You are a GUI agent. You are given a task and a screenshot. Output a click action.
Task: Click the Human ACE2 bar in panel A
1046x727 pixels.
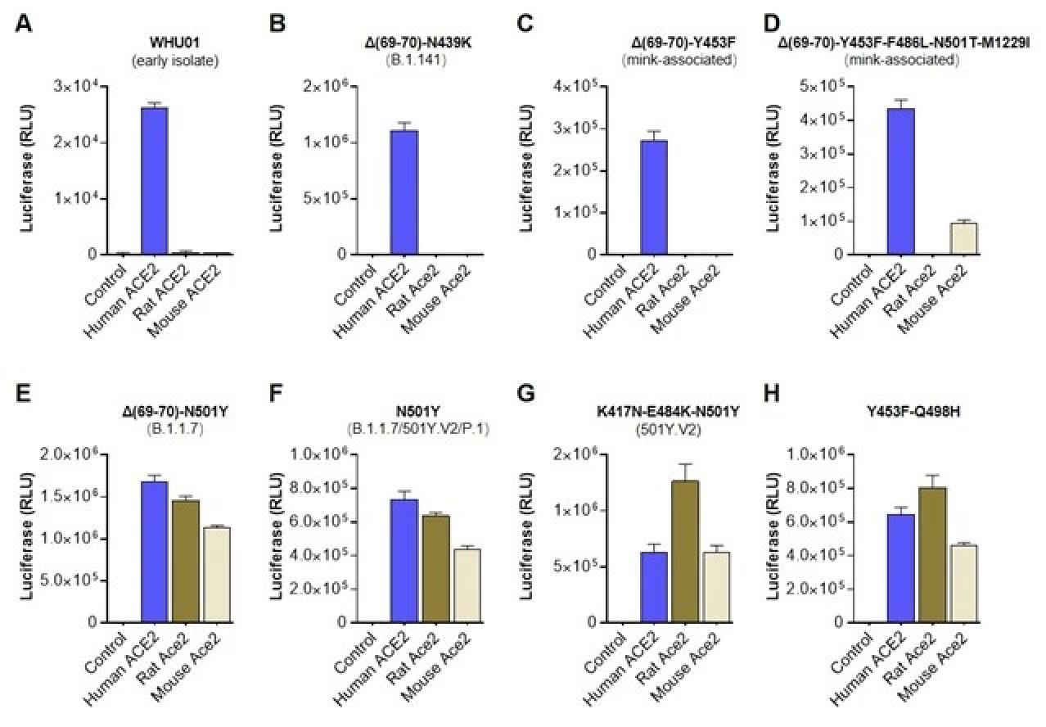[x=154, y=180]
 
